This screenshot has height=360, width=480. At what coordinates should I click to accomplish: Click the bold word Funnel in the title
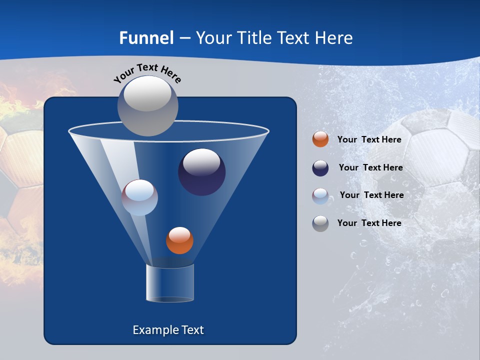[146, 38]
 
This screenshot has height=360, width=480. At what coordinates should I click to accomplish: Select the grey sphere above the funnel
[148, 105]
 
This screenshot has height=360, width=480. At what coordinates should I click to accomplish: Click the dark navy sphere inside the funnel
[202, 172]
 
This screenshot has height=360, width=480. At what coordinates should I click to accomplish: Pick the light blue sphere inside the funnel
[140, 197]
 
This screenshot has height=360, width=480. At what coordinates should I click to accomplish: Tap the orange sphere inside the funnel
[179, 240]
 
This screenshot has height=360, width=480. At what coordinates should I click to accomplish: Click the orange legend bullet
[320, 139]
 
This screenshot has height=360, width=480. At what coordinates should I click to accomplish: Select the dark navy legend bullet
[320, 168]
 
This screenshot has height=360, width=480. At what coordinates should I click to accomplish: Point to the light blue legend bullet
[320, 196]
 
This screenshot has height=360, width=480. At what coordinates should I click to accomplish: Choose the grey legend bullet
[320, 223]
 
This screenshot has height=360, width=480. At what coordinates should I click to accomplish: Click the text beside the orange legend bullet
[369, 140]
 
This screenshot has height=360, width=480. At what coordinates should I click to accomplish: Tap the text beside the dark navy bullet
[370, 168]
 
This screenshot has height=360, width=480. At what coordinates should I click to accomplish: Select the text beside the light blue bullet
[371, 195]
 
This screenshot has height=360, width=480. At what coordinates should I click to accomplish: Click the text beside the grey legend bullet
[369, 223]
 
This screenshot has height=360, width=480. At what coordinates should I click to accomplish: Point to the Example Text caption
[168, 330]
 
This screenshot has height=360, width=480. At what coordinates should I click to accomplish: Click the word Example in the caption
[152, 330]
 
